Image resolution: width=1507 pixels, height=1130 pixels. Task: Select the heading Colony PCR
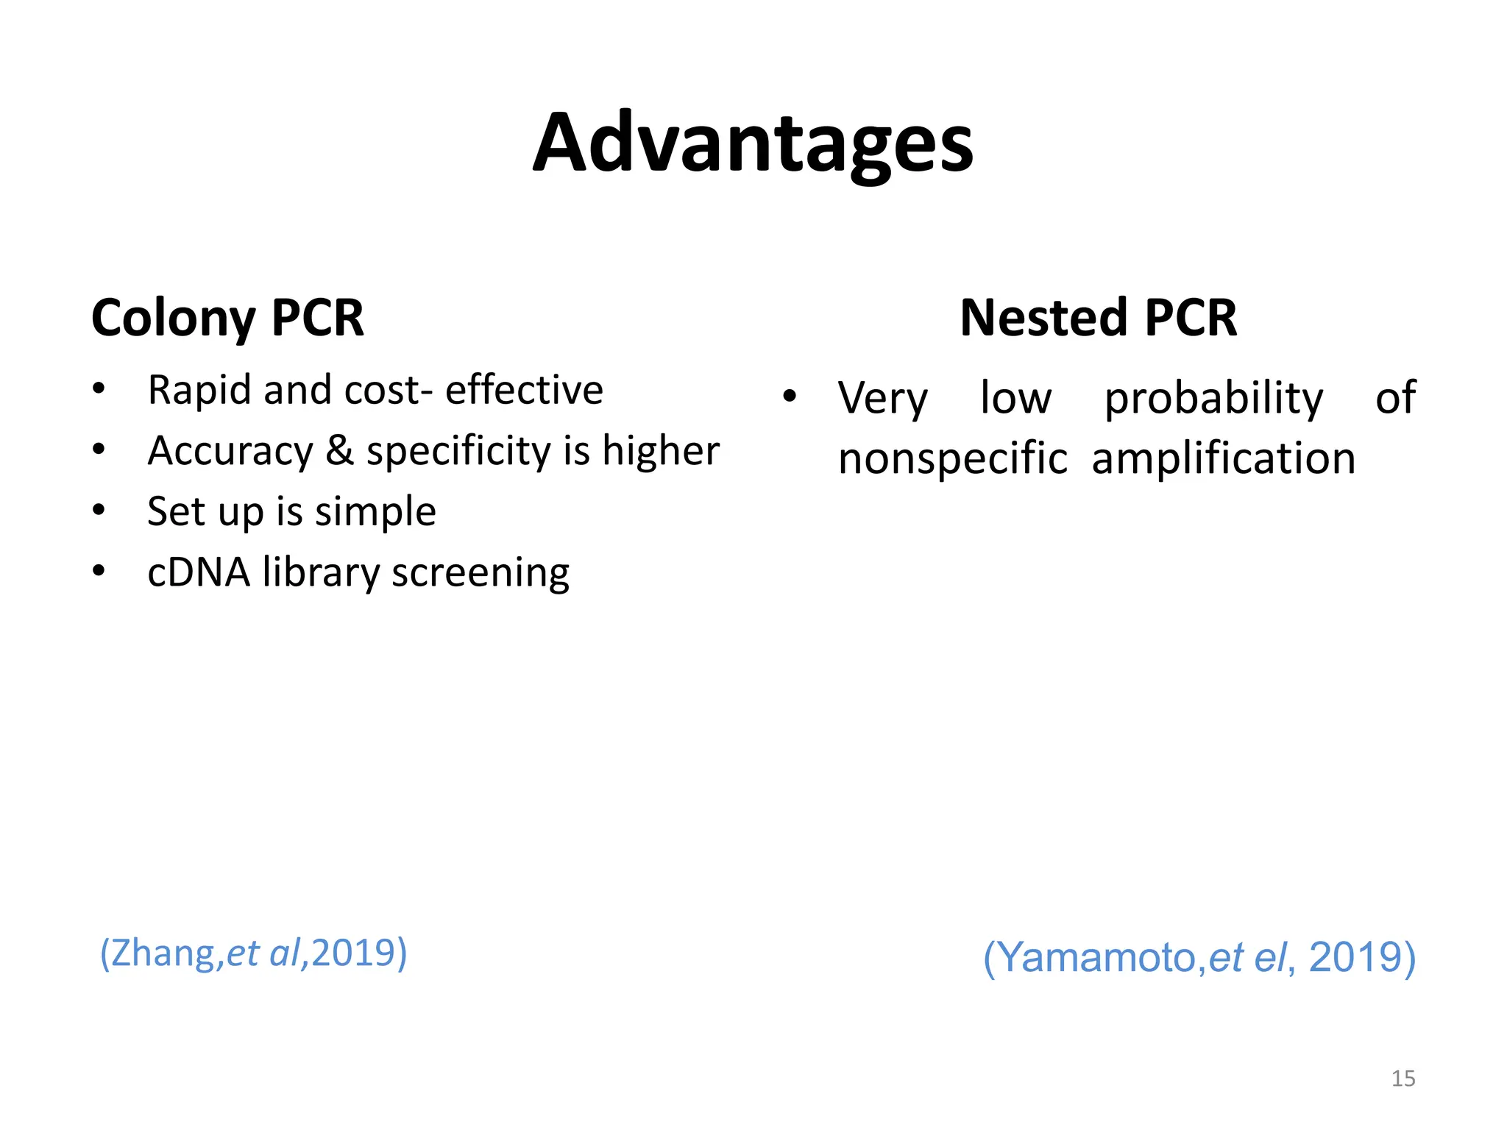(227, 318)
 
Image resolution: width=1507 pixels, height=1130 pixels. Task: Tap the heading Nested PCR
(1098, 318)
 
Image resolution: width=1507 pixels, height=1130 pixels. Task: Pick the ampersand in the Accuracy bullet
(339, 450)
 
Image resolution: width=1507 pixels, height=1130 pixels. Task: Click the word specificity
(458, 452)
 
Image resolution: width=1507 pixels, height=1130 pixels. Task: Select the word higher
(660, 450)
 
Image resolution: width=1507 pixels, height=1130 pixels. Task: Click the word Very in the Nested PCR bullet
(883, 399)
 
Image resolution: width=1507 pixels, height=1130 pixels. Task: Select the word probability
(1213, 399)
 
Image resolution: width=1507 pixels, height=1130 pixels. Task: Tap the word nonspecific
(953, 459)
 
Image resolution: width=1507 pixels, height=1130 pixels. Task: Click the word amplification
(1223, 459)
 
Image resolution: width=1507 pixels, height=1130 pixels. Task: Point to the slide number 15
(1403, 1079)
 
